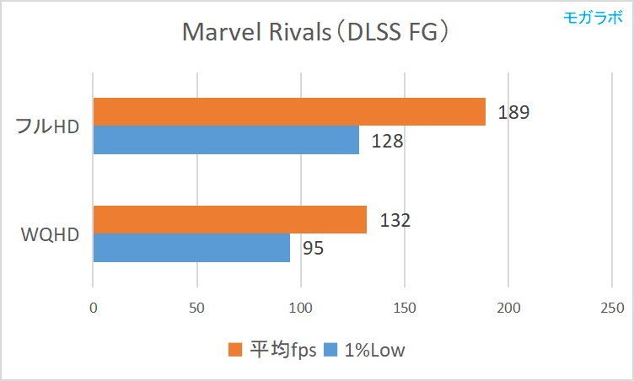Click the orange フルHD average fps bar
point(289,111)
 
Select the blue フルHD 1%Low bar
point(226,140)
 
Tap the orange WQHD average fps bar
point(229,219)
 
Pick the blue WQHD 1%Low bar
point(191,248)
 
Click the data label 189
point(513,112)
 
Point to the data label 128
point(387,141)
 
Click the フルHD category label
point(49,126)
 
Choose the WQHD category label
point(50,233)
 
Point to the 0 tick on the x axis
point(93,309)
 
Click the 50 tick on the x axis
point(196,309)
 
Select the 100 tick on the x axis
point(300,309)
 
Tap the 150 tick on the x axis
point(404,309)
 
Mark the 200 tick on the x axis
point(508,309)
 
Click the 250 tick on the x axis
point(612,309)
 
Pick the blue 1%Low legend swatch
point(331,350)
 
